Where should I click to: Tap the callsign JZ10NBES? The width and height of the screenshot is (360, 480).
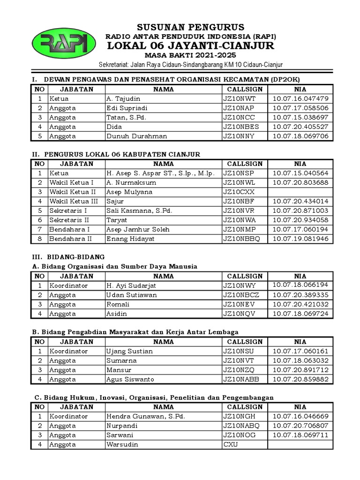click(244, 127)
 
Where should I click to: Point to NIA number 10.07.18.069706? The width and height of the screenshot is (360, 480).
click(300, 136)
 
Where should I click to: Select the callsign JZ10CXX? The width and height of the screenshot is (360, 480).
click(239, 192)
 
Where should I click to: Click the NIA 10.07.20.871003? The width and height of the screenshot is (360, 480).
click(300, 211)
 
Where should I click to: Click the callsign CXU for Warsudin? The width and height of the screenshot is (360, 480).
click(231, 444)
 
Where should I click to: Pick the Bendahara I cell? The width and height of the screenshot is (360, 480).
click(69, 230)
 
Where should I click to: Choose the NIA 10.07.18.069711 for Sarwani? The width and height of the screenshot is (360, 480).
click(300, 435)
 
